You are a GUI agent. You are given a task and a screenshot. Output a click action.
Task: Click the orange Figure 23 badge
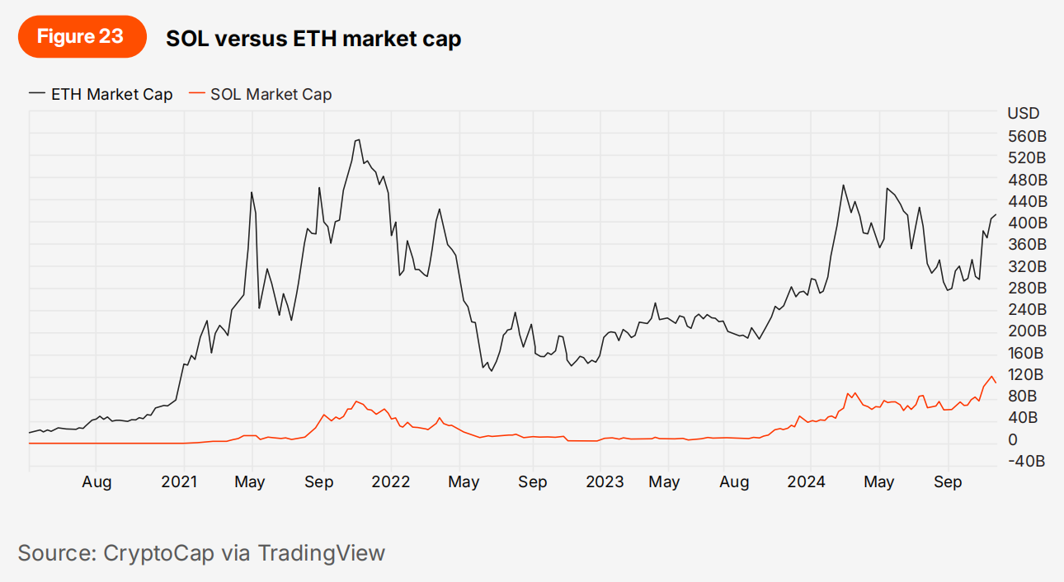(x=81, y=37)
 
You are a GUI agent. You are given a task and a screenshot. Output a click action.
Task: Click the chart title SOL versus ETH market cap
(x=313, y=38)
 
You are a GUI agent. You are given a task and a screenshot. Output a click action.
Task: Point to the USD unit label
(x=1024, y=113)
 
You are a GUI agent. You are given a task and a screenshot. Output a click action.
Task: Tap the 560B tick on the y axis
(x=1027, y=136)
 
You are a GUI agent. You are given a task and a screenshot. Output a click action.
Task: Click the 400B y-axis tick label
(x=1027, y=223)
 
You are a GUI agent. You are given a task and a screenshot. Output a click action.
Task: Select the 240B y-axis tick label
(x=1027, y=309)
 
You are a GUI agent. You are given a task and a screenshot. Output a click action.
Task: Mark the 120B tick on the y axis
(x=1027, y=374)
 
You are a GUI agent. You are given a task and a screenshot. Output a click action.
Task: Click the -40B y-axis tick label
(x=1026, y=461)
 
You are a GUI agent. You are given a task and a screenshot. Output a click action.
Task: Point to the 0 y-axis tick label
(x=1012, y=439)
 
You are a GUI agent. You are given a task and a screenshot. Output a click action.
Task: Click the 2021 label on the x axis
(x=179, y=482)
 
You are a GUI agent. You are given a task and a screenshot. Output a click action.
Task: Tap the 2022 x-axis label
(x=391, y=482)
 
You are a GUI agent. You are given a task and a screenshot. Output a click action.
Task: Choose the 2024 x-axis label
(x=806, y=482)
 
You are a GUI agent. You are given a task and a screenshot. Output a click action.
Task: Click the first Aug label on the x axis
(x=97, y=482)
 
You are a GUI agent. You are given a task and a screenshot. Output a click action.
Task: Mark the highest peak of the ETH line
(x=357, y=139)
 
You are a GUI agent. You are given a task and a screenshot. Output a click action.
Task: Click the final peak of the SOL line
(x=991, y=377)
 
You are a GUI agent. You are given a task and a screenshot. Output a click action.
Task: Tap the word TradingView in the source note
(x=321, y=552)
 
